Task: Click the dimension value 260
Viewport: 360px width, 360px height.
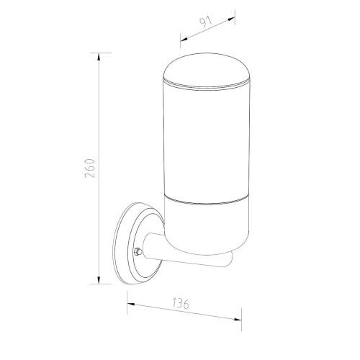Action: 90,168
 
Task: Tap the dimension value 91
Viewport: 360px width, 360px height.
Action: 206,22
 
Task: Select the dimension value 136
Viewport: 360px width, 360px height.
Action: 181,304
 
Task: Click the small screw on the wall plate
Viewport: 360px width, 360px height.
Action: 138,252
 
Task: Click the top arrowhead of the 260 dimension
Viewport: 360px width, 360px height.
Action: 99,56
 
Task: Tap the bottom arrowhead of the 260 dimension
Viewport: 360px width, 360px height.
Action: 99,280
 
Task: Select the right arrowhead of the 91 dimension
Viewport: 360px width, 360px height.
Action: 231,19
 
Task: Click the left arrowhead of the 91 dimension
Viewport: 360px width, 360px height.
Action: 184,39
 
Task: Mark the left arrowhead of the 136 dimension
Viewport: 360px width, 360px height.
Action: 131,305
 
